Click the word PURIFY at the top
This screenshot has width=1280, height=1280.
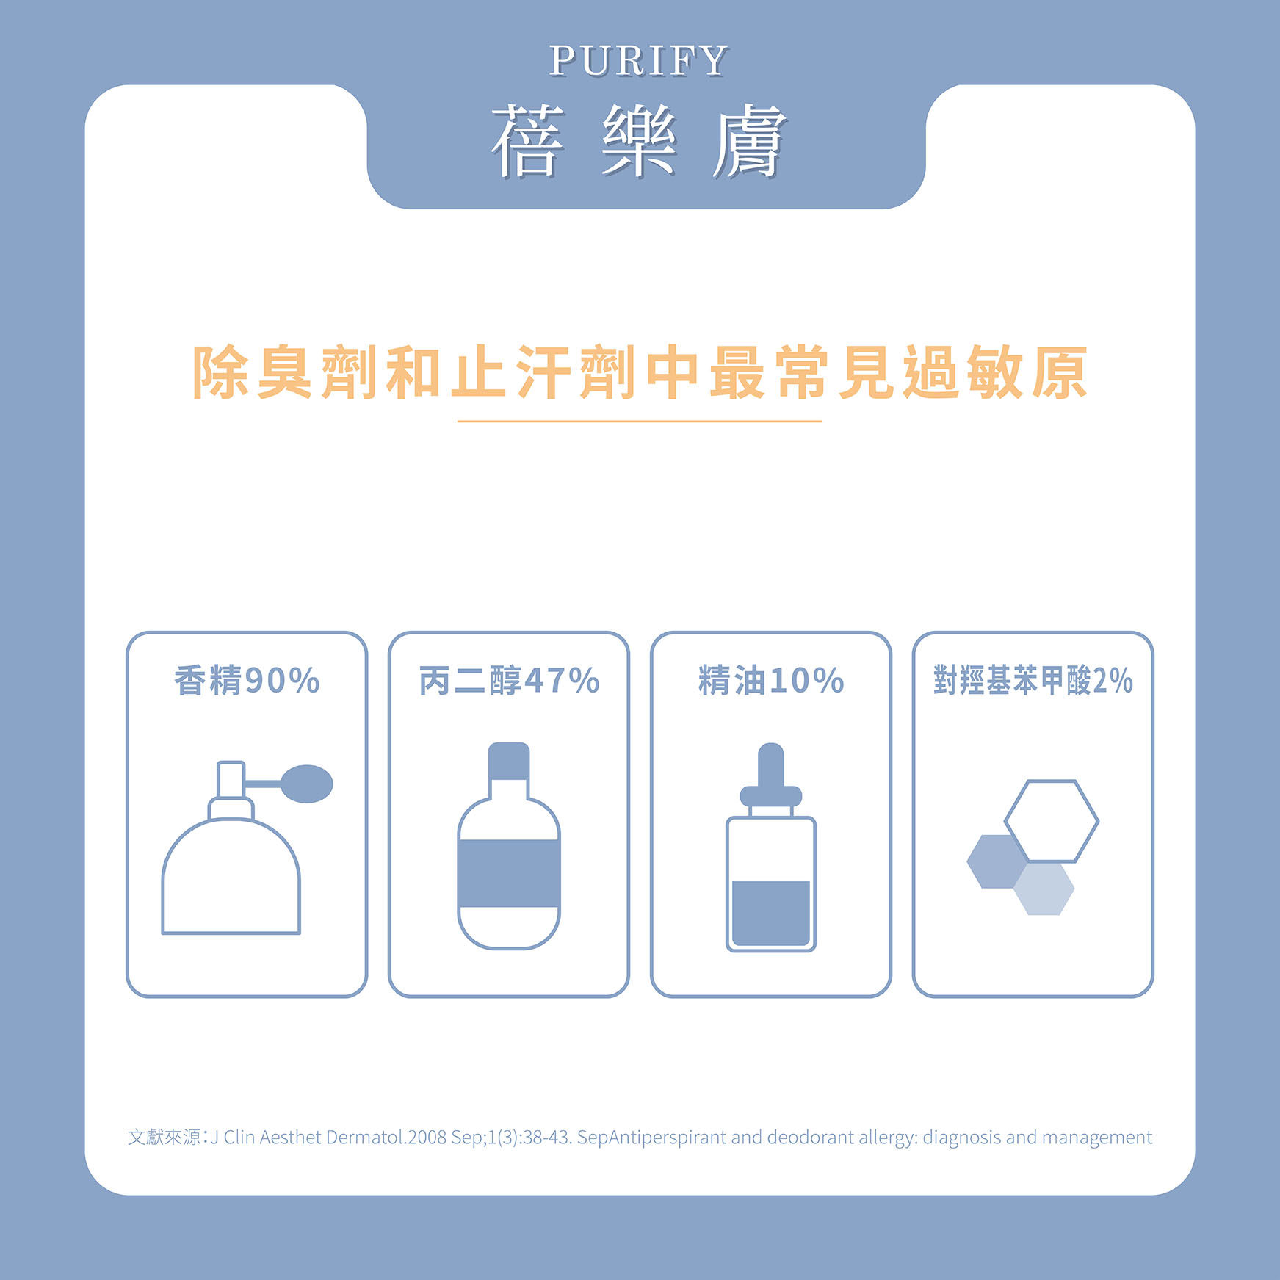pos(638,60)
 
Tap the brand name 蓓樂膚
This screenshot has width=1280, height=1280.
pos(638,141)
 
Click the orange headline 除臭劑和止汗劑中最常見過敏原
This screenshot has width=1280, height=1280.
pos(640,372)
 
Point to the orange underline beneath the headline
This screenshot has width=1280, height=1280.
pos(640,422)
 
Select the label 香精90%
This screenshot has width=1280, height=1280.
pos(247,680)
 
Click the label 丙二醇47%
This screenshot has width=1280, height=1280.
pos(509,680)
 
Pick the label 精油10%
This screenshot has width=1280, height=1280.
pos(771,680)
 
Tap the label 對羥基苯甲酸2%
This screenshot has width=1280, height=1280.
pos(1033,680)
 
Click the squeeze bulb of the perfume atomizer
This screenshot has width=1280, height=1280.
pos(307,784)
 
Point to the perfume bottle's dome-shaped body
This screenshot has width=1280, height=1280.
pos(231,877)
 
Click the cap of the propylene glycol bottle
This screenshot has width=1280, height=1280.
pos(509,761)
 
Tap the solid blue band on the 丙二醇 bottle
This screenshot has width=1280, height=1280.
pos(509,873)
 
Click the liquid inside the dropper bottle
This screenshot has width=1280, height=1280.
pos(771,913)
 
